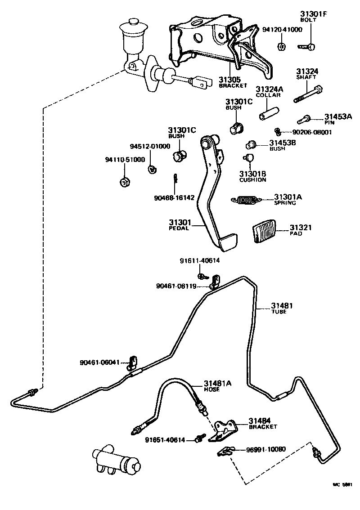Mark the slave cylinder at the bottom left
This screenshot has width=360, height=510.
coord(116,461)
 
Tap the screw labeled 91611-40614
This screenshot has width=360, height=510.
coord(201,275)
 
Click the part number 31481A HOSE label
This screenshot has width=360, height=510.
coord(217,385)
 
